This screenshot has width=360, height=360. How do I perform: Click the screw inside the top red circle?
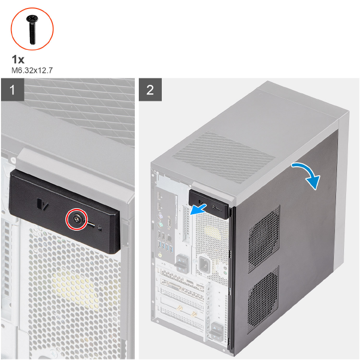point(32,29)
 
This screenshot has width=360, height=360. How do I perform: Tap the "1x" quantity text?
point(18,59)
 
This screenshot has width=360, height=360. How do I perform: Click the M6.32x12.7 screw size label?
point(32,70)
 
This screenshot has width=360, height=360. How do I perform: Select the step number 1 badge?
point(12,89)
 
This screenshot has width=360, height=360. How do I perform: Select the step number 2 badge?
point(150,89)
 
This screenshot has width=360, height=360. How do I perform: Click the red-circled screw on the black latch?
point(77,219)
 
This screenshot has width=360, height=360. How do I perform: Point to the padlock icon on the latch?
point(99,228)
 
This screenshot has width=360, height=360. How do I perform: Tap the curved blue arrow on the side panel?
point(307,174)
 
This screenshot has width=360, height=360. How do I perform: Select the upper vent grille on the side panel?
point(264,239)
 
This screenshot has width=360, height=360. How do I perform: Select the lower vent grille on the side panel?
point(263,300)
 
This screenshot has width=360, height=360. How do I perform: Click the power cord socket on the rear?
point(204,265)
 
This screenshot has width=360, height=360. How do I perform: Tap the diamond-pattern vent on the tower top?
point(223,157)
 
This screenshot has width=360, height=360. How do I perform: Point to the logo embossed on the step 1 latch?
point(43,204)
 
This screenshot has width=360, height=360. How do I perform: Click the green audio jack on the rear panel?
point(160,255)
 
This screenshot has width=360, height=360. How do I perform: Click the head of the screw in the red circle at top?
point(32,18)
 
